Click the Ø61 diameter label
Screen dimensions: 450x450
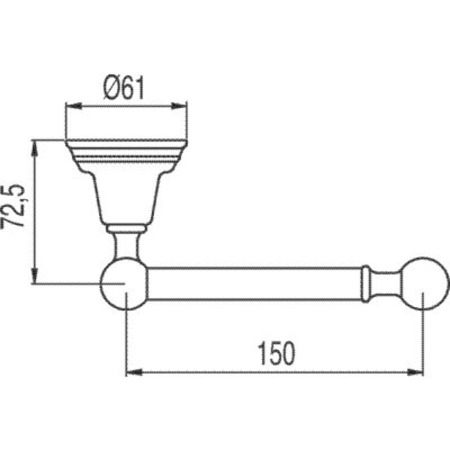(123, 87)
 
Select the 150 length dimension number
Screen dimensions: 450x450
(276, 353)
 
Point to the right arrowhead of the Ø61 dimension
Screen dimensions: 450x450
(179, 106)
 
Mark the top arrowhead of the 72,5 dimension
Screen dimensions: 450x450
(34, 148)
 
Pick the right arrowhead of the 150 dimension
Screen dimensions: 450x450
(415, 372)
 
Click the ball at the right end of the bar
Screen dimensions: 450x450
(424, 283)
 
